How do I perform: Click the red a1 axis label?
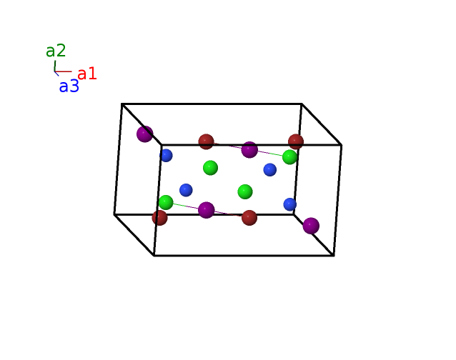87,74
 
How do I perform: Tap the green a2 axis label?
56,51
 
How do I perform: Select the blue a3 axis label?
69,86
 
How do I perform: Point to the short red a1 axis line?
63,71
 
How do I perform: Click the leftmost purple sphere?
145,134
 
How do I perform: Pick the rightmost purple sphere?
311,226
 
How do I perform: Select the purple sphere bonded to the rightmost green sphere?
249,149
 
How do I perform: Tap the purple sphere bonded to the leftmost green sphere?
206,210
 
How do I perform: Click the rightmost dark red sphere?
296,142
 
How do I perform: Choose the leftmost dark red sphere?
159,218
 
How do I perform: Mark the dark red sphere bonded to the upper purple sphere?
206,142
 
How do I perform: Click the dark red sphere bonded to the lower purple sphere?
249,218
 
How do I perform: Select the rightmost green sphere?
289,157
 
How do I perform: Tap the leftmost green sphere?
166,202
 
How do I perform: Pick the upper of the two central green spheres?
210,168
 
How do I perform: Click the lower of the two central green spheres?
245,191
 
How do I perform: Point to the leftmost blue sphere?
166,156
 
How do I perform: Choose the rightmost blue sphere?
289,204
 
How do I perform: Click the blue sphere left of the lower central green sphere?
186,190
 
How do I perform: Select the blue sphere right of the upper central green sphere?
269,170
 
